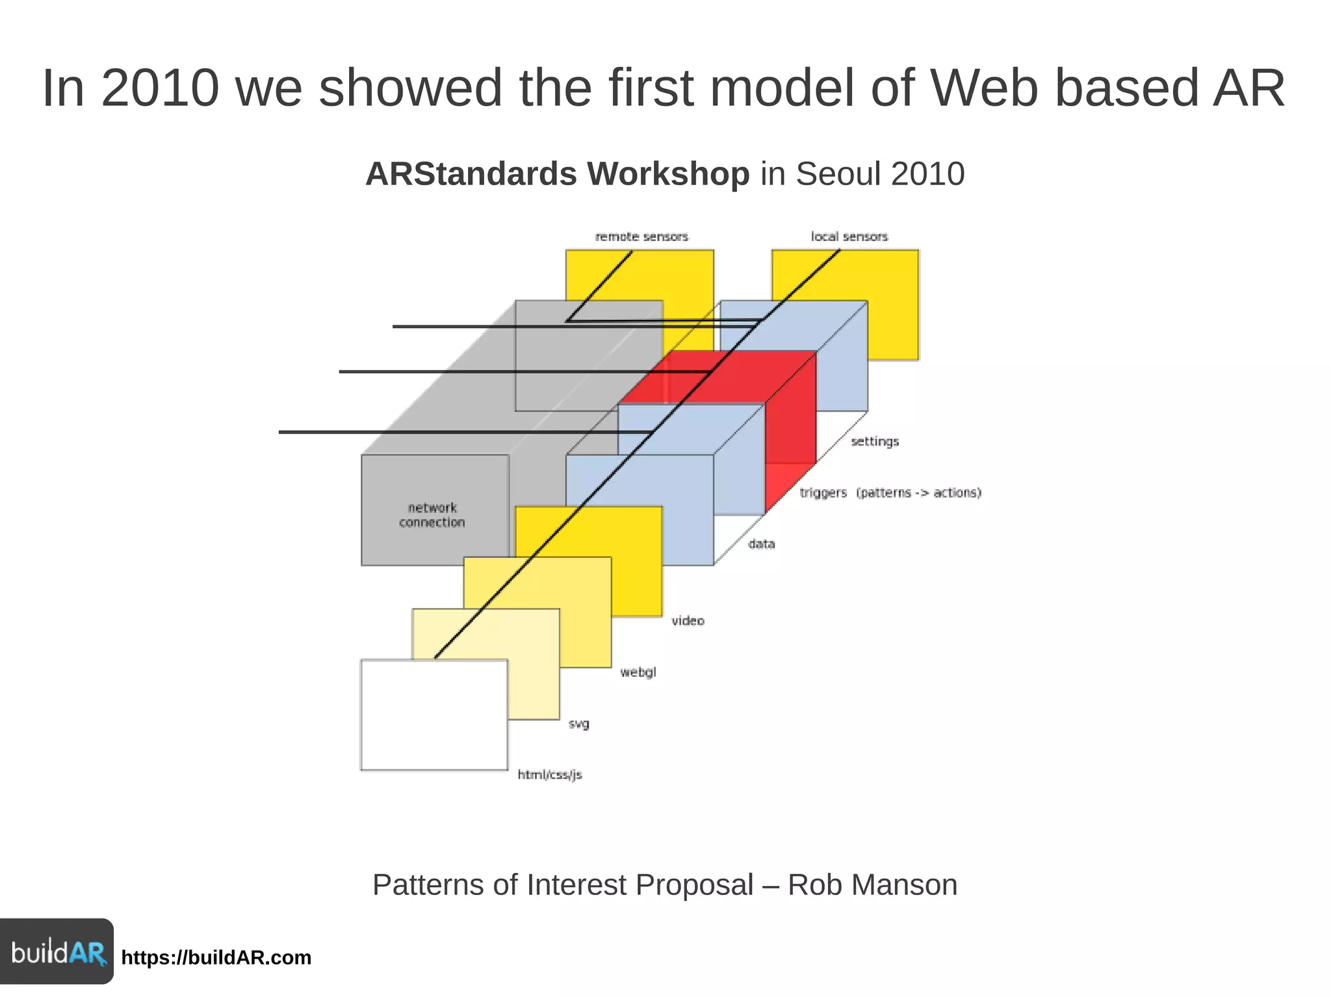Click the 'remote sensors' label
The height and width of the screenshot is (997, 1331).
tap(641, 236)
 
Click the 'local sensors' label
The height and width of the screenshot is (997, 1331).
tap(849, 236)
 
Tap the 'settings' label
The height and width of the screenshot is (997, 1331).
tap(875, 442)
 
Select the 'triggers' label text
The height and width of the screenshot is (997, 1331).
tap(823, 493)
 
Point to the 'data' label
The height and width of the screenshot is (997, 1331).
tap(761, 544)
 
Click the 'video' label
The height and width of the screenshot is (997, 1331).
tap(688, 621)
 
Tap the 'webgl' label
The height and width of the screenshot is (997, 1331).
tap(638, 672)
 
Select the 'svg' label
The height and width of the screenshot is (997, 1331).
tap(578, 724)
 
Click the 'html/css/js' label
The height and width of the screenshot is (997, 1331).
tap(550, 775)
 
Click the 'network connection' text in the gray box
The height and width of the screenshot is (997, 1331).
tap(432, 515)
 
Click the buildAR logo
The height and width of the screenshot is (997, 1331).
tap(57, 952)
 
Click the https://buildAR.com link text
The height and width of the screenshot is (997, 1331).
tap(216, 958)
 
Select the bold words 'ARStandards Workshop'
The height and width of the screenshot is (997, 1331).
tap(557, 174)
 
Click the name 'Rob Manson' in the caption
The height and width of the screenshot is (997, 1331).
tap(872, 885)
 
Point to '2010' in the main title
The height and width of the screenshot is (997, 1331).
tap(160, 88)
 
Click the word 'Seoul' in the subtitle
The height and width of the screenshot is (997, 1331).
tap(838, 174)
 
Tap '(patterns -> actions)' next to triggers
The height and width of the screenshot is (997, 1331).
tap(918, 493)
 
